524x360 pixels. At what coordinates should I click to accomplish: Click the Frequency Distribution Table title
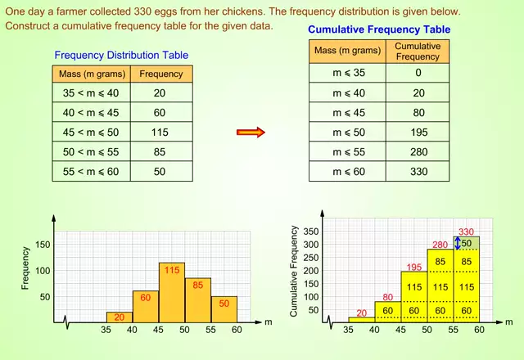tap(121, 55)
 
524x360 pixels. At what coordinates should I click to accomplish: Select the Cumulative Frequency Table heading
tap(379, 29)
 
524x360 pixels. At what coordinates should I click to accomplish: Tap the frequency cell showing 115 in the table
tap(160, 133)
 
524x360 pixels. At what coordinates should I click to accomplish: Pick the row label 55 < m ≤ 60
tap(91, 172)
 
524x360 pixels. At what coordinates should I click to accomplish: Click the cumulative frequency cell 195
tap(418, 133)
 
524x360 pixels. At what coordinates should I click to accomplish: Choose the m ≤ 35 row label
tap(349, 73)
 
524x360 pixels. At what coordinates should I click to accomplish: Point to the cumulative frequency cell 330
tap(418, 172)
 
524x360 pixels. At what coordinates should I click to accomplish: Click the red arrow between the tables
tap(251, 133)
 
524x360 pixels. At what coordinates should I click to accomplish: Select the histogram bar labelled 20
tap(120, 317)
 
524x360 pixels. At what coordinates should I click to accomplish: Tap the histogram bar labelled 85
tap(198, 300)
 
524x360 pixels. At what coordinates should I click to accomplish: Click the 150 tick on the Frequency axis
tap(43, 245)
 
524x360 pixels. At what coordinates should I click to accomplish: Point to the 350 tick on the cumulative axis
tap(311, 232)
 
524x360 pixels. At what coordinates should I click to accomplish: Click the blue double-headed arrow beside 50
tap(458, 243)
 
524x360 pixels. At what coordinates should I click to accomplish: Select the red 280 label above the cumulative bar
tap(440, 245)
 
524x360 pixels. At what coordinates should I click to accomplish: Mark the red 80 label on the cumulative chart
tap(387, 297)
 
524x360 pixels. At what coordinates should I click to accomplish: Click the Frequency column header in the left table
tap(161, 74)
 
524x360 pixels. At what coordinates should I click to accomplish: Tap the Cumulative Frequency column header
tap(418, 52)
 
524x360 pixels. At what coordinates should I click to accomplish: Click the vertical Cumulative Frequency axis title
tap(293, 271)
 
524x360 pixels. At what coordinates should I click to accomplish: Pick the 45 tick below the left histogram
tap(158, 330)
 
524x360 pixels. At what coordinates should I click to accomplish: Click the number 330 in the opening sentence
tap(142, 11)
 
